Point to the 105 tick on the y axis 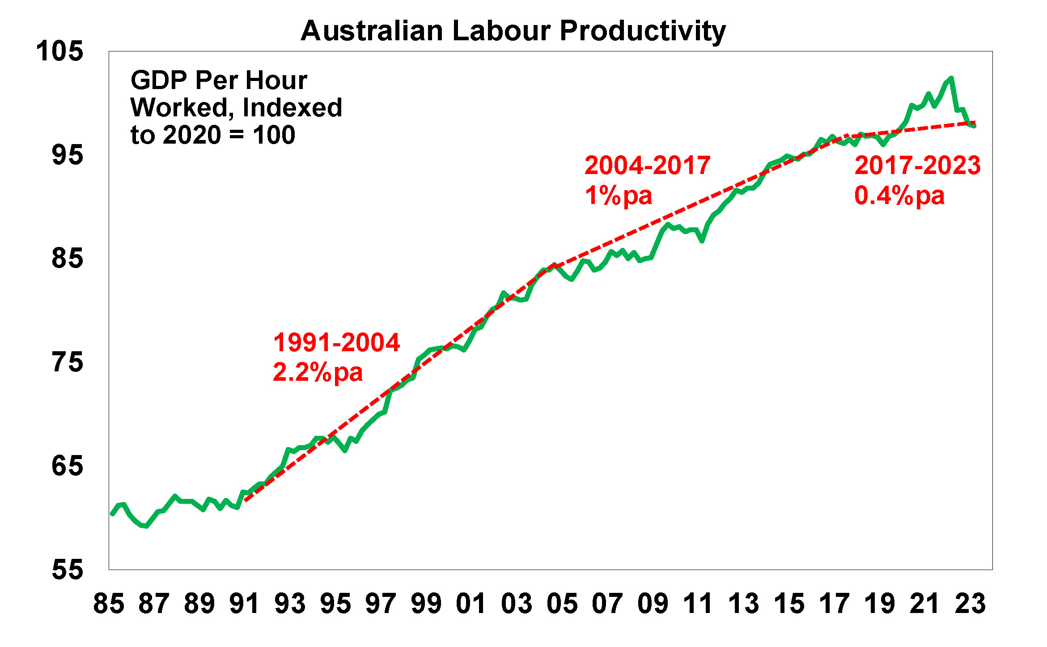coord(59,51)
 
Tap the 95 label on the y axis coord(67,155)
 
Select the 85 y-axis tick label coord(67,259)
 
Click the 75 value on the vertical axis coord(67,362)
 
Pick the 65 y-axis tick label coord(67,466)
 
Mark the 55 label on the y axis coord(67,570)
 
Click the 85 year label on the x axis coord(109,604)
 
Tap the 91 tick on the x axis coord(245,604)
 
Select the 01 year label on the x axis coord(471,604)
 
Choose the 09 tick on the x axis coord(653,604)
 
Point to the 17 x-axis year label coord(834,604)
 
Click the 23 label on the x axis coord(970,604)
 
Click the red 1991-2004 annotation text coord(336,343)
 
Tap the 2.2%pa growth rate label coord(318,373)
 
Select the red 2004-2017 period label coord(647,166)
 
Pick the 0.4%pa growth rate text coord(899,196)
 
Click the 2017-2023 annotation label coord(917,166)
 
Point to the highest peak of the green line coord(951,79)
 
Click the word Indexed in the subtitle coord(292,108)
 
